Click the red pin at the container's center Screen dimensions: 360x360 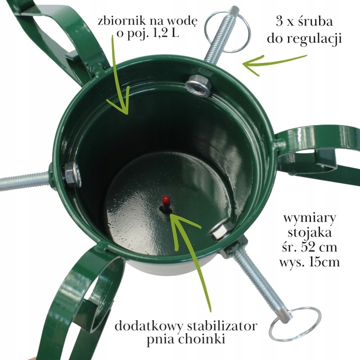165,201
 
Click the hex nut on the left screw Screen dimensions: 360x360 71,174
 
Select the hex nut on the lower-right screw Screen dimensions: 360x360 219,229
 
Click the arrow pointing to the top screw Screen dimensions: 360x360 272,63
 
